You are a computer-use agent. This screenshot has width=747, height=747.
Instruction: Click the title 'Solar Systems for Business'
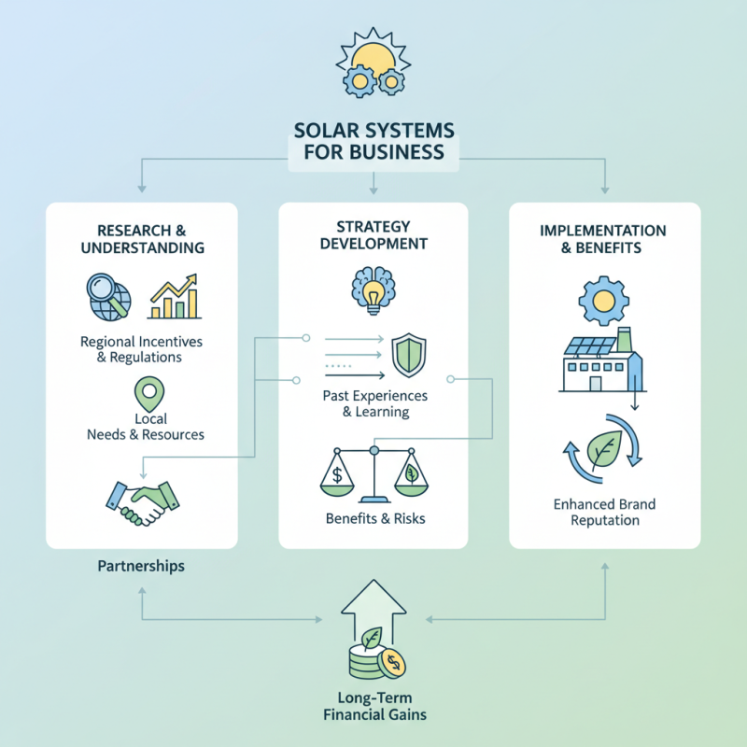(373, 140)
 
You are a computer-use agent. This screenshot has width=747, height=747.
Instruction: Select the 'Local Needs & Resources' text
(145, 427)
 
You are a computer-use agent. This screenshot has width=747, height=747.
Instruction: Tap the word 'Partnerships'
(141, 566)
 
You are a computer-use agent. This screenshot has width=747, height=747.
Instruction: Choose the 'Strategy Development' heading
(373, 234)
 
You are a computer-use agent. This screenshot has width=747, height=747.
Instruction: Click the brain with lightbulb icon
(373, 289)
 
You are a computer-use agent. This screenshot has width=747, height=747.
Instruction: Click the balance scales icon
(373, 474)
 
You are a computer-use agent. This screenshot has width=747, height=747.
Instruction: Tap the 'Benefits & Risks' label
(373, 518)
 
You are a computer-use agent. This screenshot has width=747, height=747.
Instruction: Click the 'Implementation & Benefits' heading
(603, 239)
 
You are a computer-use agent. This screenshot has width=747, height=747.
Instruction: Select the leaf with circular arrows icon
(602, 449)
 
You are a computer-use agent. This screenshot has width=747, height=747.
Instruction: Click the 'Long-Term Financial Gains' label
(373, 706)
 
